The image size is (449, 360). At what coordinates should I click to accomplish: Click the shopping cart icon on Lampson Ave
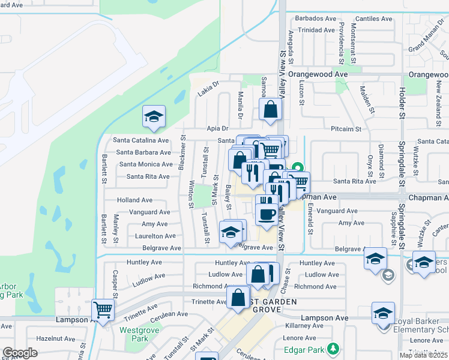click(103, 310)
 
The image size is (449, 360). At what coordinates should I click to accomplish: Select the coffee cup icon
click(267, 213)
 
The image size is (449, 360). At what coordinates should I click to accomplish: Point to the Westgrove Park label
click(134, 334)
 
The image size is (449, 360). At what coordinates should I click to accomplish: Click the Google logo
click(20, 353)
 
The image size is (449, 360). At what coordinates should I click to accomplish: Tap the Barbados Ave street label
click(312, 19)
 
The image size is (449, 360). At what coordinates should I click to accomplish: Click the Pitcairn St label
click(346, 128)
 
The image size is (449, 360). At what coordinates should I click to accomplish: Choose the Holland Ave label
click(134, 200)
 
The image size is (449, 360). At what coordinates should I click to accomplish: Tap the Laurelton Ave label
click(154, 236)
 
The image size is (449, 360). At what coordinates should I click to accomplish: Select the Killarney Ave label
click(304, 325)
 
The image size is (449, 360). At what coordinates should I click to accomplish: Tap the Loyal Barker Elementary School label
click(420, 325)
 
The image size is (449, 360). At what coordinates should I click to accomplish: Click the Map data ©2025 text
click(423, 355)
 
